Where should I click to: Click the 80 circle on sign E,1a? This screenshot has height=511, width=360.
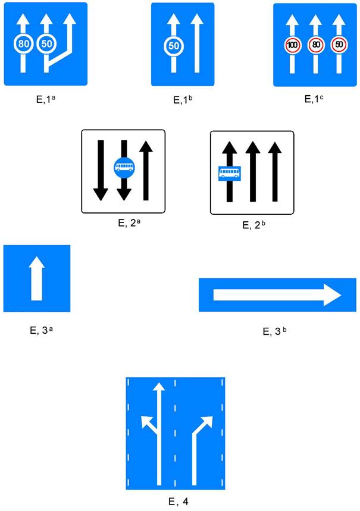pos(23,43)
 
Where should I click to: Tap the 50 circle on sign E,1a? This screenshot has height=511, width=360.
pos(45,43)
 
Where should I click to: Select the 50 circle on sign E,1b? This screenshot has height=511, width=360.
pos(173,45)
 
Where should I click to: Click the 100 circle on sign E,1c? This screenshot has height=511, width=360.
pos(293,44)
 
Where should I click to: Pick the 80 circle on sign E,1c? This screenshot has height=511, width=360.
pos(316,44)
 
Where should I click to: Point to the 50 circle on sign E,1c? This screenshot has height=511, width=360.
pos(339,44)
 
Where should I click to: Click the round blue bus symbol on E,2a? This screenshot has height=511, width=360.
pos(124,168)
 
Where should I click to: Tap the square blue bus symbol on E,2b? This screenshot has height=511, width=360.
pos(229,173)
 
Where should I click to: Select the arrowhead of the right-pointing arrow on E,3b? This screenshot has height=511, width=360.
pos(331,294)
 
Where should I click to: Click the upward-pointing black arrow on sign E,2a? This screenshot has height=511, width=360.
pos(146,170)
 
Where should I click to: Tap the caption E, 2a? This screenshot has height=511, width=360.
pos(125,224)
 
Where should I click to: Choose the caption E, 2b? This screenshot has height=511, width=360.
pos(254,225)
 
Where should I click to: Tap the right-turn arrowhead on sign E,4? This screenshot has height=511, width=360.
pos(206,422)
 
